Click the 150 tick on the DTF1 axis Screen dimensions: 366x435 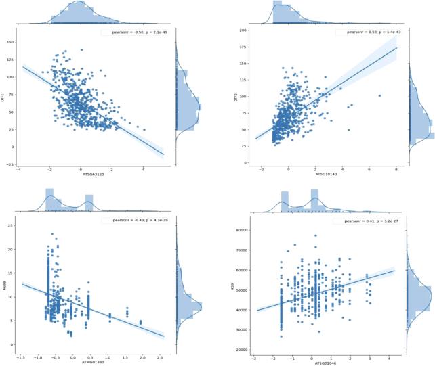pos(13,42)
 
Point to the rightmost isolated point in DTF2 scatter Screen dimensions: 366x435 pos(379,95)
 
